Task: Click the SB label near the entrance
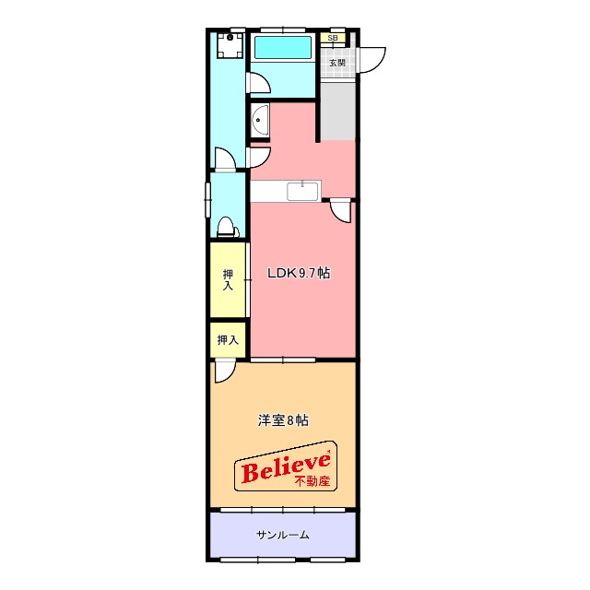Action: [x=332, y=38]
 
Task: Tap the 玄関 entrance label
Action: [x=336, y=63]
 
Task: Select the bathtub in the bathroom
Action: [x=283, y=47]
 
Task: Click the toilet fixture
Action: [x=227, y=227]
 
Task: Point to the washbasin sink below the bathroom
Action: [x=260, y=121]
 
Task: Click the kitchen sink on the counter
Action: [x=303, y=191]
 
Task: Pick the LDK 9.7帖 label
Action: [x=299, y=273]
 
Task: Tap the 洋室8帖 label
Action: [x=283, y=420]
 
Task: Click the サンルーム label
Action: [x=283, y=535]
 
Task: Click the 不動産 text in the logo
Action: [x=312, y=481]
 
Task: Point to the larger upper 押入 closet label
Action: [x=228, y=279]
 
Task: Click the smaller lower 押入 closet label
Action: [x=228, y=340]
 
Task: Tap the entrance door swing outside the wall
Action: [x=372, y=60]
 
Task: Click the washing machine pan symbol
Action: [x=230, y=45]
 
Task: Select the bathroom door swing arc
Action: [x=259, y=82]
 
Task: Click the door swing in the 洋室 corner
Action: [x=225, y=372]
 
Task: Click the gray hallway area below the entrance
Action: [x=338, y=111]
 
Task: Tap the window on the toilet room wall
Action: [x=207, y=200]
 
